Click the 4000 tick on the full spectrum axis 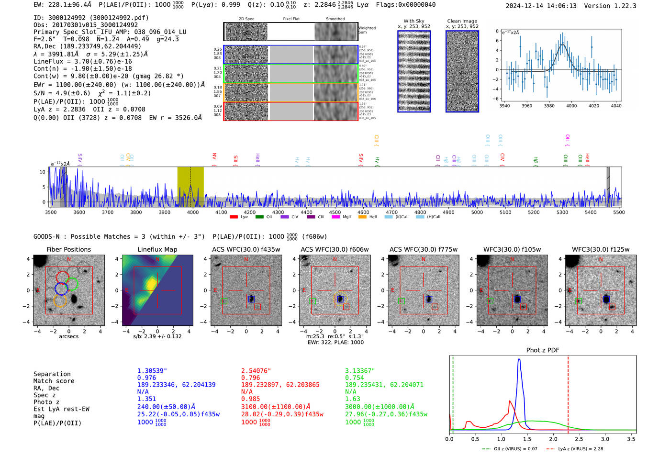(193, 212)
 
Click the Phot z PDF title (542, 350)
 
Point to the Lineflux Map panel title (157, 249)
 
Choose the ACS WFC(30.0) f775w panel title (423, 249)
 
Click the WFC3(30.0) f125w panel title (601, 249)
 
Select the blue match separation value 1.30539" (152, 371)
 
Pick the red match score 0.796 (251, 378)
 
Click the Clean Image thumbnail (462, 71)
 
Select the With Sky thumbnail (413, 71)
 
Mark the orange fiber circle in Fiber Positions (59, 300)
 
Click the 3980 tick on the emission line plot (549, 106)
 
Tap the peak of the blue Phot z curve (519, 360)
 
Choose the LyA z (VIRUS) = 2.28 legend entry (580, 449)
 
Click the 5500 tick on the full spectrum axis (619, 212)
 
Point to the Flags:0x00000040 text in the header (405, 5)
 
